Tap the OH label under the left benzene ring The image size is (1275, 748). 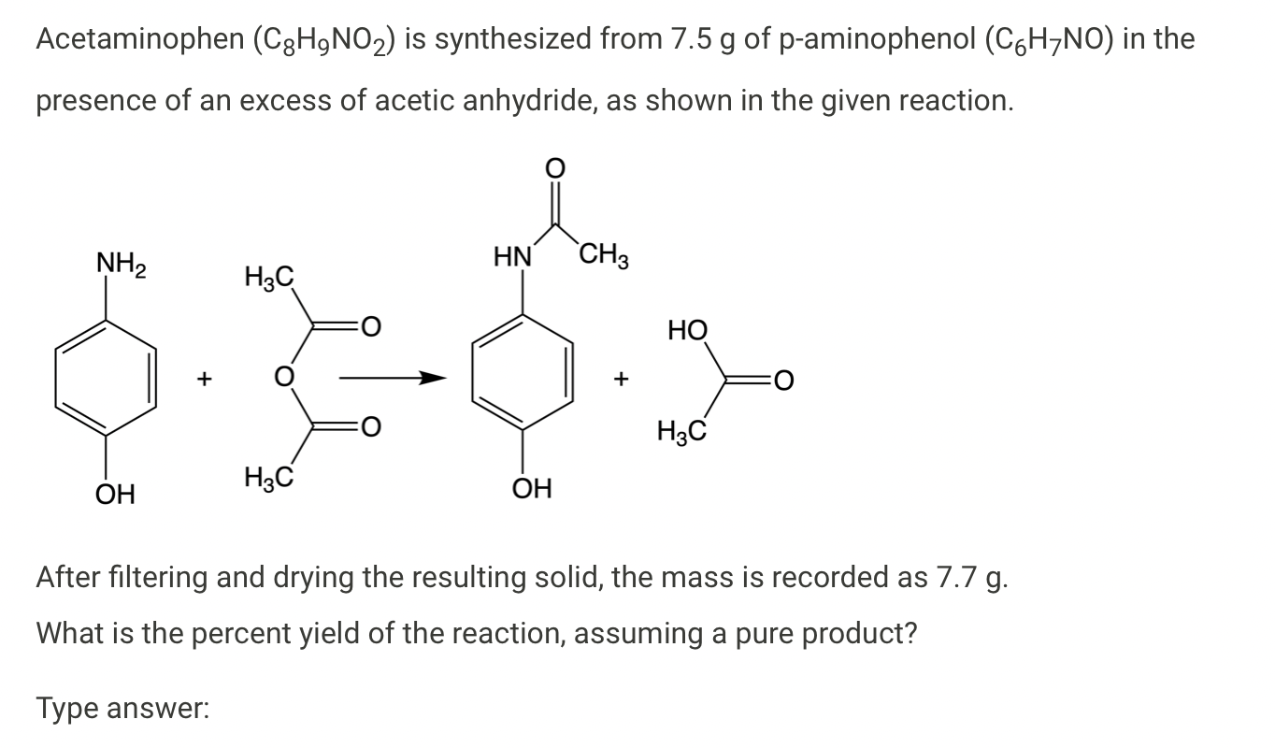115,491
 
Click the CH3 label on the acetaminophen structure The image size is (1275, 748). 604,255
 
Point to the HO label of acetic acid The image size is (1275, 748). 688,329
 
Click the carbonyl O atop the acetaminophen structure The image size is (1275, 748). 554,169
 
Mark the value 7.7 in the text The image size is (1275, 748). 955,576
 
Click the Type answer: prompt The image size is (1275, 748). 122,708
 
